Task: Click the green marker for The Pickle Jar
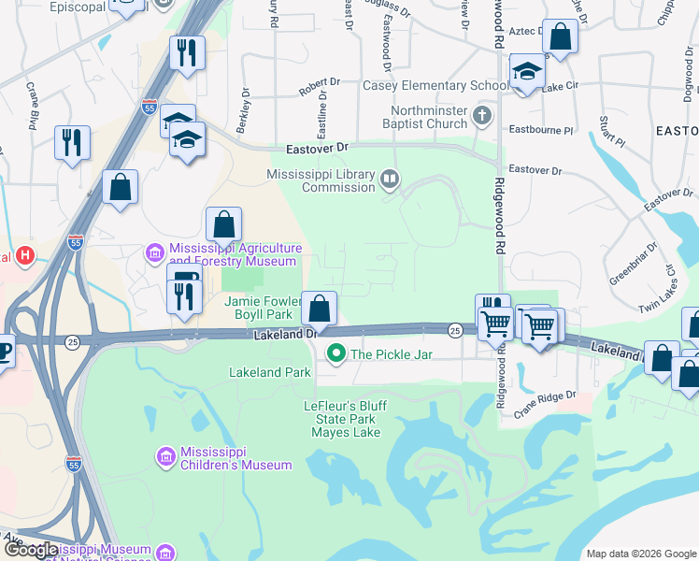pyautogui.click(x=336, y=353)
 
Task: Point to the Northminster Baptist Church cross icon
pyautogui.click(x=481, y=117)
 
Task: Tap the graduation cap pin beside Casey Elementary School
pyautogui.click(x=527, y=71)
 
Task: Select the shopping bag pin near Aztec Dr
pyautogui.click(x=561, y=37)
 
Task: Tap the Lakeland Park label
pyautogui.click(x=270, y=372)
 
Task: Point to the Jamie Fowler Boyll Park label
pyautogui.click(x=264, y=309)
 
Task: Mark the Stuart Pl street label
pyautogui.click(x=611, y=132)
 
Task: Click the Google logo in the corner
pyautogui.click(x=31, y=550)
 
